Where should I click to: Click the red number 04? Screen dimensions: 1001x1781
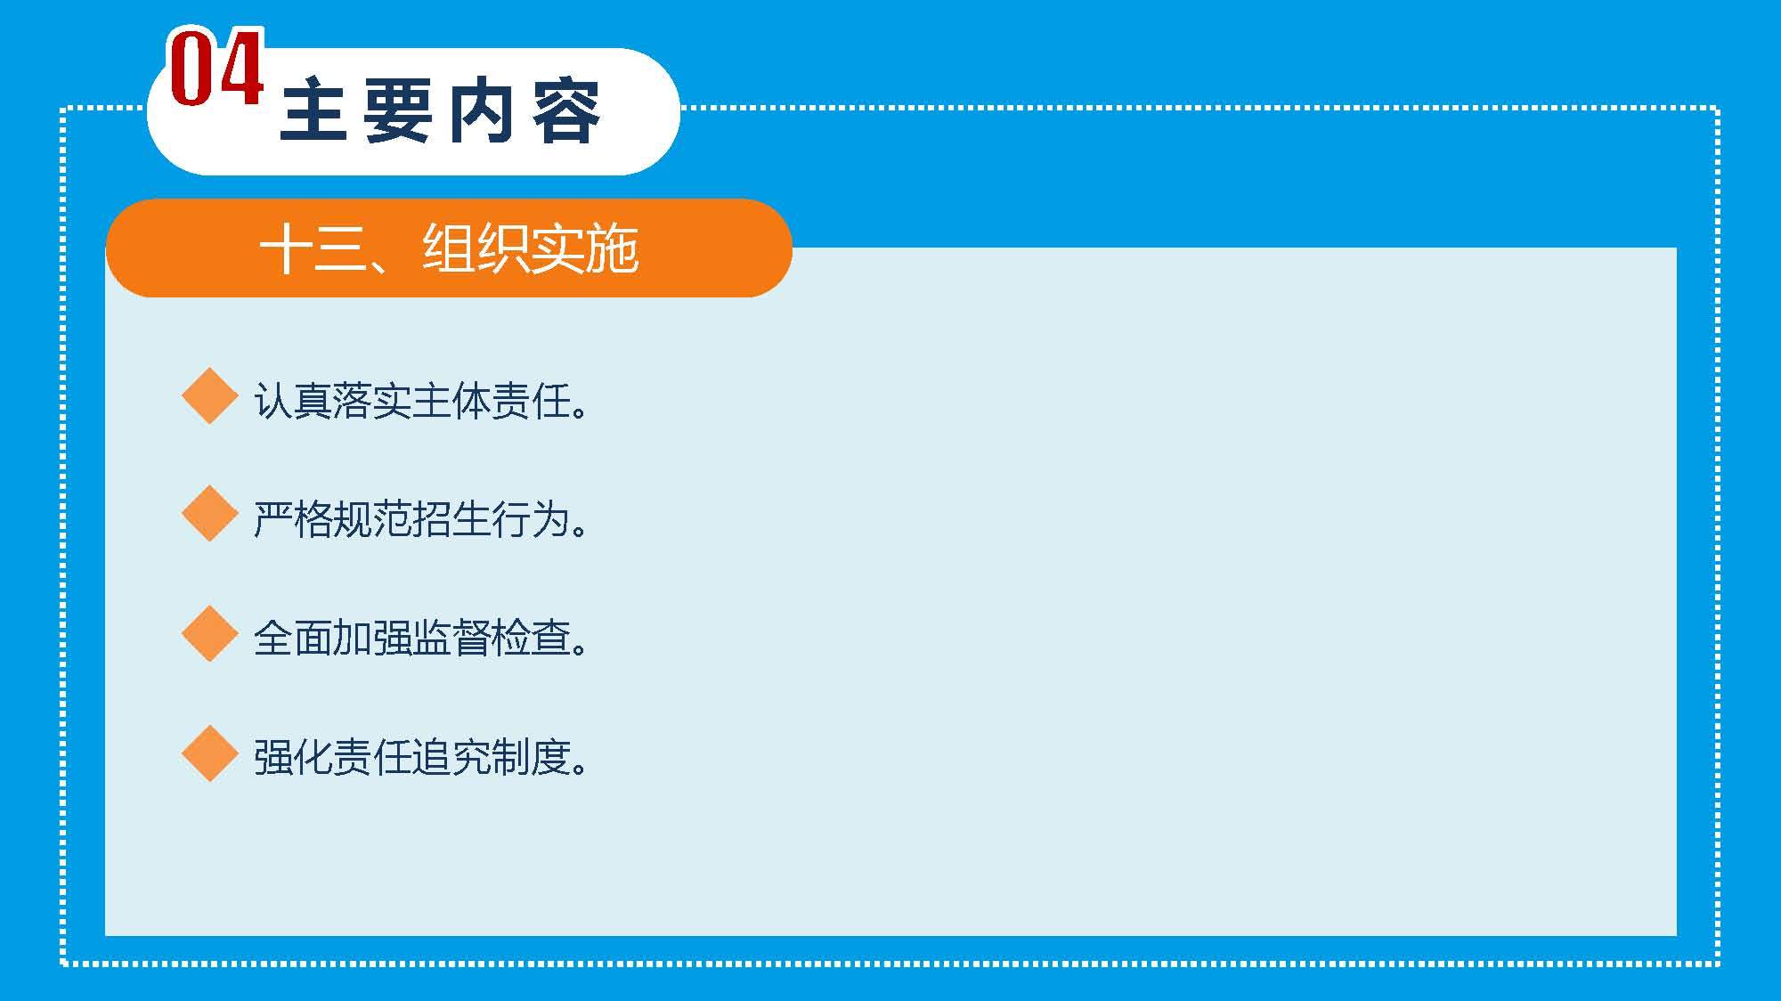coord(216,69)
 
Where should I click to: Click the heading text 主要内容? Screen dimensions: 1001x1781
coord(440,112)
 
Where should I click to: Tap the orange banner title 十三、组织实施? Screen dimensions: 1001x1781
coord(449,248)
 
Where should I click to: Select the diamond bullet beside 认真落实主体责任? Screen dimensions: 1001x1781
coord(209,395)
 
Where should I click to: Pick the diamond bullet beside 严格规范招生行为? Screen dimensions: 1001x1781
coord(209,514)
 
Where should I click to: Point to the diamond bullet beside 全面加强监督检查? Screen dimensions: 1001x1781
coord(209,633)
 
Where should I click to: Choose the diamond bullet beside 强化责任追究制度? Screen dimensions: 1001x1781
coord(209,753)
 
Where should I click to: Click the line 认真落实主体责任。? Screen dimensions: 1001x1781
coord(420,402)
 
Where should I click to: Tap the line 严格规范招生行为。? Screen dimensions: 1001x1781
coord(420,520)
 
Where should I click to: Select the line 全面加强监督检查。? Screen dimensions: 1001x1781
coord(420,639)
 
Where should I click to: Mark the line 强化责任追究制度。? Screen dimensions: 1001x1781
coord(420,758)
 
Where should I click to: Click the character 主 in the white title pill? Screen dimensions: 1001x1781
coord(313,112)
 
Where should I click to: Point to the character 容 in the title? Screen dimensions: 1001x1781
coord(566,112)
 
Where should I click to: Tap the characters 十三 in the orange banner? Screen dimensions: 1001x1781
coord(313,249)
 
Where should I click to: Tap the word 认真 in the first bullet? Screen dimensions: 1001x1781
coord(292,402)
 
